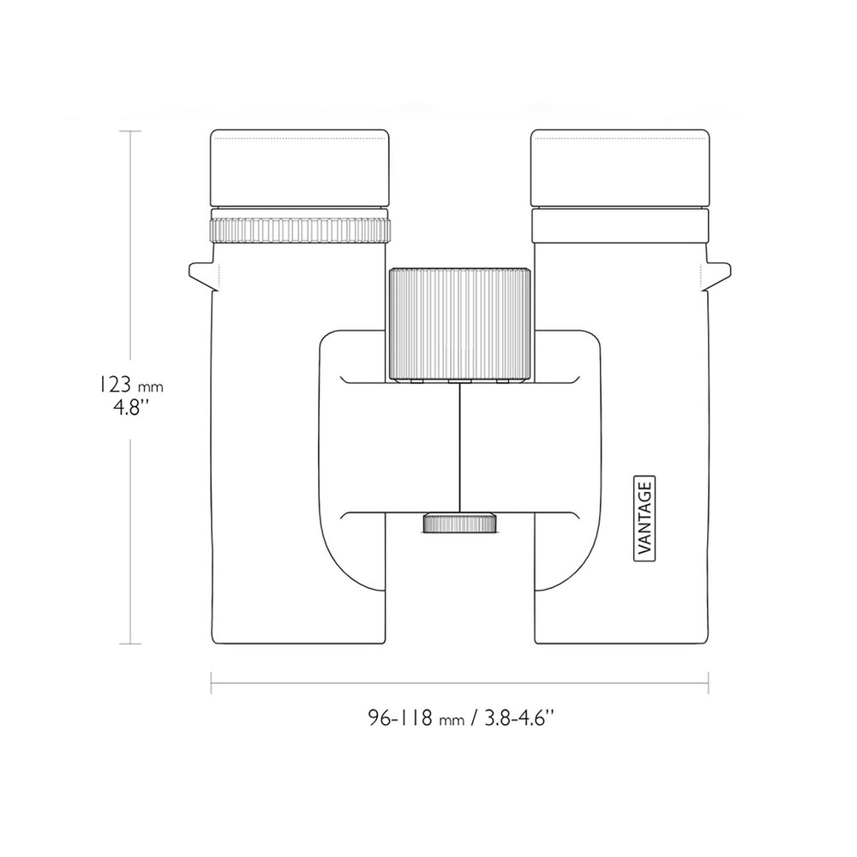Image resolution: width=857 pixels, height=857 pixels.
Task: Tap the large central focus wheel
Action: pos(459,324)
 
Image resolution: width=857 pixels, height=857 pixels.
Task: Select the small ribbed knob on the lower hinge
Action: pos(460,523)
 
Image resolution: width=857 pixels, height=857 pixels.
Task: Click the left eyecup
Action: pos(299,168)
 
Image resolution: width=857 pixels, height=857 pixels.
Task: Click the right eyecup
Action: pos(620,168)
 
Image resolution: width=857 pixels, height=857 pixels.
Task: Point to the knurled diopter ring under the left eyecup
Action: pos(300,230)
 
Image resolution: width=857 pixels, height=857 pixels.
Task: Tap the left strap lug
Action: pos(203,275)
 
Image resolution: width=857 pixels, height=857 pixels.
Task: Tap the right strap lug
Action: pos(716,275)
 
